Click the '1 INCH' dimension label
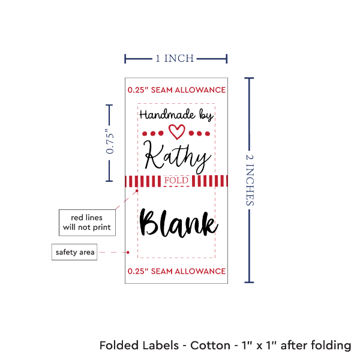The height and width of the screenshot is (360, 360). coord(175,59)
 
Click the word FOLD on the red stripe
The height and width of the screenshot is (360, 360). coord(176,181)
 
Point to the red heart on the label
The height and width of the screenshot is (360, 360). coord(176,130)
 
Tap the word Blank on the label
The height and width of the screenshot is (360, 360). coord(178,223)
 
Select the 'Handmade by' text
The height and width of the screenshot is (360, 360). coord(176,114)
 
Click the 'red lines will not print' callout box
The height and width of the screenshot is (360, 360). coord(87,221)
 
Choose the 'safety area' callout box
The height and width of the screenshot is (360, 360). coord(74,252)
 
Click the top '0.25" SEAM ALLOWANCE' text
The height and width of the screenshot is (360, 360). coord(176,90)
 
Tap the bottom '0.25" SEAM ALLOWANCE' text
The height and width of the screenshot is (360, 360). coord(176,271)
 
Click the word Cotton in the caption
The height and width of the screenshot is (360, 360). coord(210,346)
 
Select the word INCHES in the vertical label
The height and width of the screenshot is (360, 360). coord(251,186)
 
